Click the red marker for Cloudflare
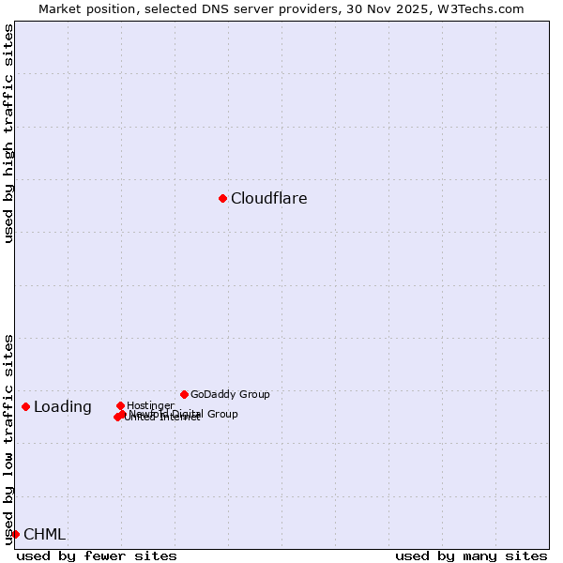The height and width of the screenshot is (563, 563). point(222,198)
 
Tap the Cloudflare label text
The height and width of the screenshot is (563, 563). point(268,199)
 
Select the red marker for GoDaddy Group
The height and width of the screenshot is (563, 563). point(184,394)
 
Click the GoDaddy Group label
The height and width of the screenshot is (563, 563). point(230,395)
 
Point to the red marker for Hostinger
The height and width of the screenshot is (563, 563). point(120,405)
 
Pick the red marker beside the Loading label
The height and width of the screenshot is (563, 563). point(25,406)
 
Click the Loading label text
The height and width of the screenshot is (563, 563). point(63,407)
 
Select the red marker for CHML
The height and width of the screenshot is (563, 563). point(15,534)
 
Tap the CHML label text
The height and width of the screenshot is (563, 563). point(44,535)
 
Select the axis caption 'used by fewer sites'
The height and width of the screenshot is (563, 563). point(97,555)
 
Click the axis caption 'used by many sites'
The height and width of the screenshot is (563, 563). point(470,555)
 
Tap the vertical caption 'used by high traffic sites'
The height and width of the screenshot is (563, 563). point(9,134)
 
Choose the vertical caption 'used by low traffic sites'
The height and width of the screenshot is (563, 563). point(9,438)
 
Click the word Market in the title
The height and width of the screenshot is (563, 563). point(61,9)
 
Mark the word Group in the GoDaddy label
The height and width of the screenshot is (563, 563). point(253,395)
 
